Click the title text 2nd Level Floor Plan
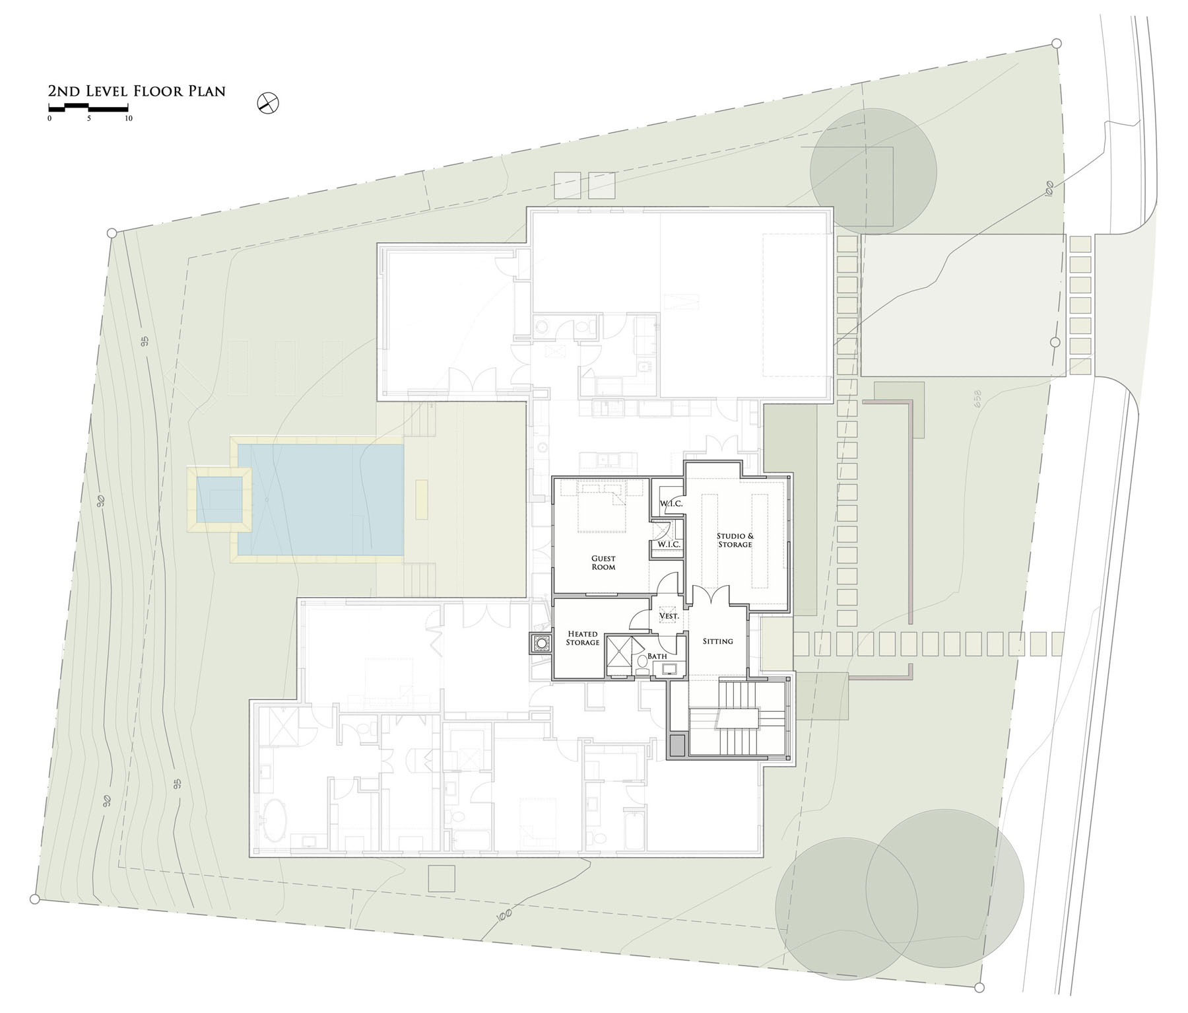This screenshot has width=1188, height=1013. pyautogui.click(x=137, y=91)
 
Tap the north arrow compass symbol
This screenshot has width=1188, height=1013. pyautogui.click(x=269, y=103)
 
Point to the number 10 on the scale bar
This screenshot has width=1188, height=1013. pyautogui.click(x=129, y=119)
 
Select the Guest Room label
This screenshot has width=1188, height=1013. pyautogui.click(x=603, y=563)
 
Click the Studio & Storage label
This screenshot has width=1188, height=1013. pyautogui.click(x=735, y=540)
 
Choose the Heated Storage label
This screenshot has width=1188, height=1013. pyautogui.click(x=583, y=638)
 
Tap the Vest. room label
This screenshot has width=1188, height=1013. pyautogui.click(x=669, y=616)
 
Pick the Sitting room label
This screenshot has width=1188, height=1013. pyautogui.click(x=717, y=641)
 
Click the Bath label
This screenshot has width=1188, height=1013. pyautogui.click(x=657, y=656)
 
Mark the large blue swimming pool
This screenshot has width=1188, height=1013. pyautogui.click(x=321, y=500)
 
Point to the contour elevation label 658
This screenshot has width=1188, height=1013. pyautogui.click(x=977, y=400)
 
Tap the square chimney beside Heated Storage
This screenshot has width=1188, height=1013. pyautogui.click(x=541, y=643)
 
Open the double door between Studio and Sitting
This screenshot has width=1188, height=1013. pyautogui.click(x=709, y=596)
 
